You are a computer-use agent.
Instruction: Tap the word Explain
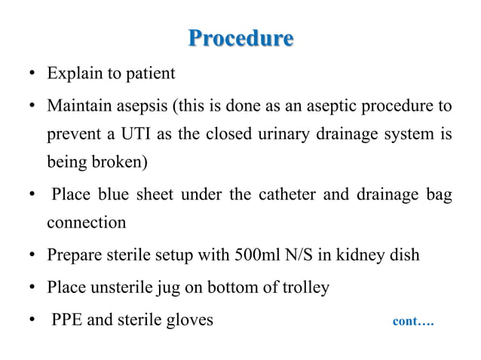(72, 74)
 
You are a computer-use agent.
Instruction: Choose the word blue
(111, 196)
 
